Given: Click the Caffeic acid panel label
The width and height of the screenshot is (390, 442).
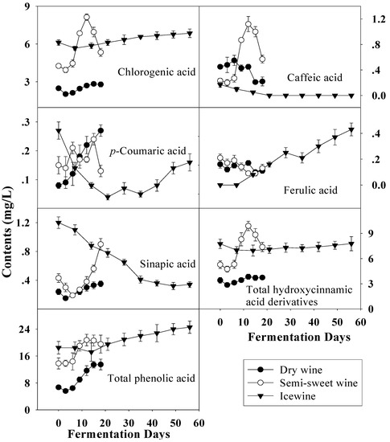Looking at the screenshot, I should [x=314, y=78].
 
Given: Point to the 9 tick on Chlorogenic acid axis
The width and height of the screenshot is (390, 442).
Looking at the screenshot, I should [x=31, y=8].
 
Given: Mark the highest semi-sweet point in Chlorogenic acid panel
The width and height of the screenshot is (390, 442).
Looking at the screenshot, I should [x=87, y=17].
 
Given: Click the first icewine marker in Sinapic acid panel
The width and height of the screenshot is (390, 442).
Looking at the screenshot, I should [x=58, y=223].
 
